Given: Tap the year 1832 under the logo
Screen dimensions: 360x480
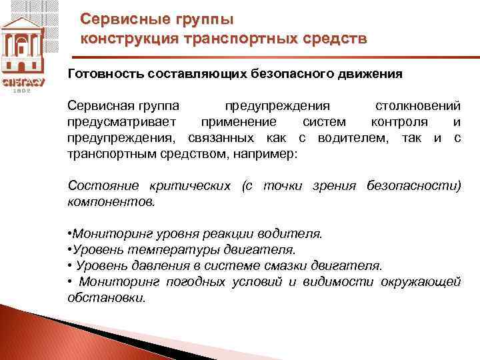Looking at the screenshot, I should click(x=23, y=90).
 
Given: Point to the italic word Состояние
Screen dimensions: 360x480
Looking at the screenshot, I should click(x=101, y=185).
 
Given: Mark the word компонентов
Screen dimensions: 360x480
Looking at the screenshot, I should click(x=111, y=201).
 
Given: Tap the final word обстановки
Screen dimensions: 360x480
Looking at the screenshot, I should click(x=107, y=298).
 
